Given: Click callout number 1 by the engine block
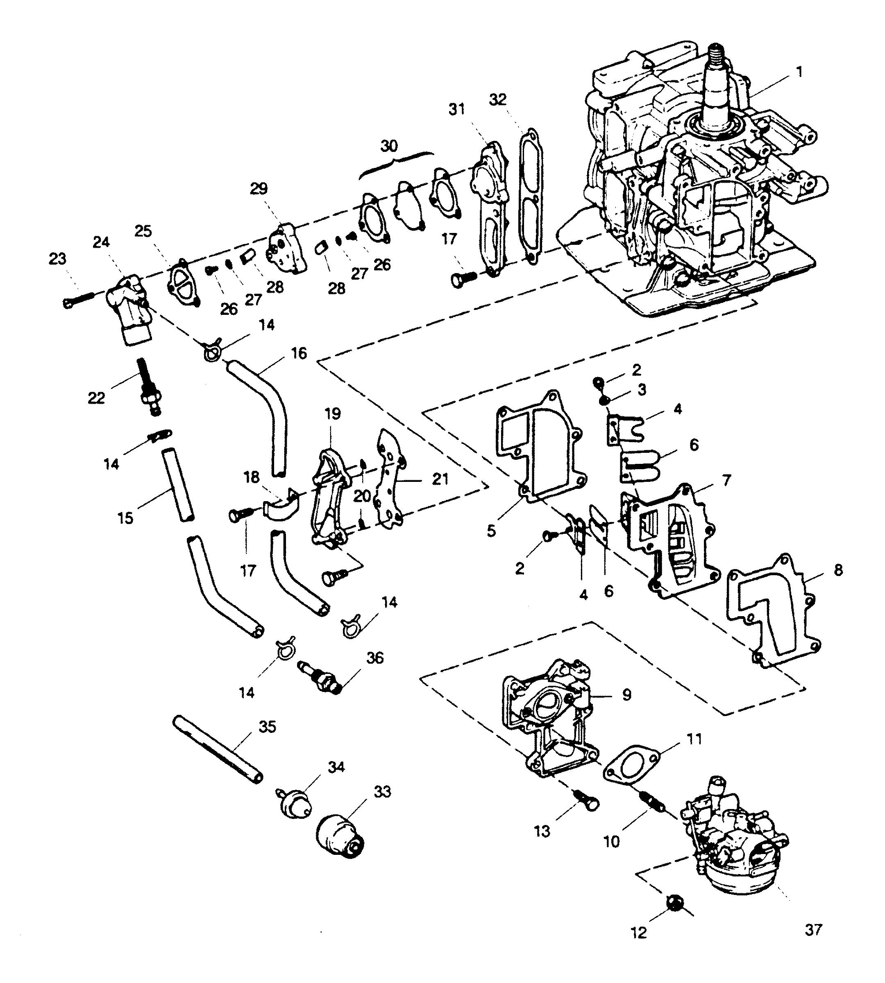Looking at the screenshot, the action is point(799,72).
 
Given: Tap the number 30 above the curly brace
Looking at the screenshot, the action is point(389,146).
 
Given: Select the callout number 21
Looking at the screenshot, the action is point(440,479).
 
